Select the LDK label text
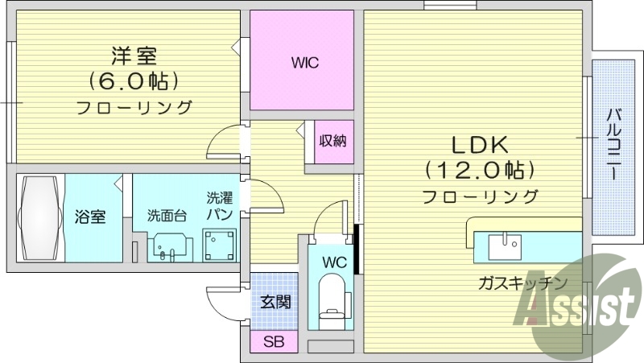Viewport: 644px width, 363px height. pyautogui.click(x=477, y=146)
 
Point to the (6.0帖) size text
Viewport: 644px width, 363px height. pyautogui.click(x=134, y=81)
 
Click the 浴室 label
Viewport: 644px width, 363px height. pyautogui.click(x=89, y=217)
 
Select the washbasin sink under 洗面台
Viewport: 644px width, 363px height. pyautogui.click(x=170, y=246)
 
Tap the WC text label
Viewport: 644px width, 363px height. pyautogui.click(x=334, y=262)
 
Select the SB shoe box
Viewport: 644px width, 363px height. pyautogui.click(x=274, y=340)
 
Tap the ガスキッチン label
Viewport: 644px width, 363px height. pyautogui.click(x=522, y=283)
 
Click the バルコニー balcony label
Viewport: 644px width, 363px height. pyautogui.click(x=613, y=149)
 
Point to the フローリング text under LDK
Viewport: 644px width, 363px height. pyautogui.click(x=480, y=196)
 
